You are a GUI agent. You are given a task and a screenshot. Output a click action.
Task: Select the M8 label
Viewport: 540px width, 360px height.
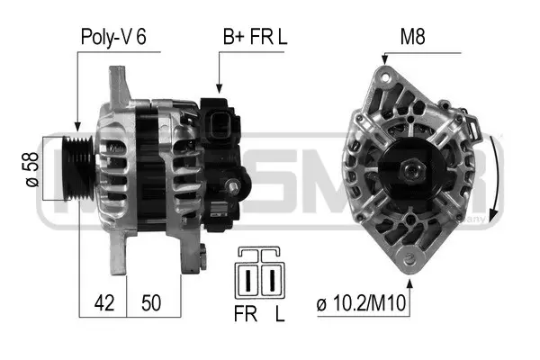413,38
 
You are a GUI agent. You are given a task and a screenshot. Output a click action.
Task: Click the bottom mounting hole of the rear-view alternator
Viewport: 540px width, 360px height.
413,263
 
